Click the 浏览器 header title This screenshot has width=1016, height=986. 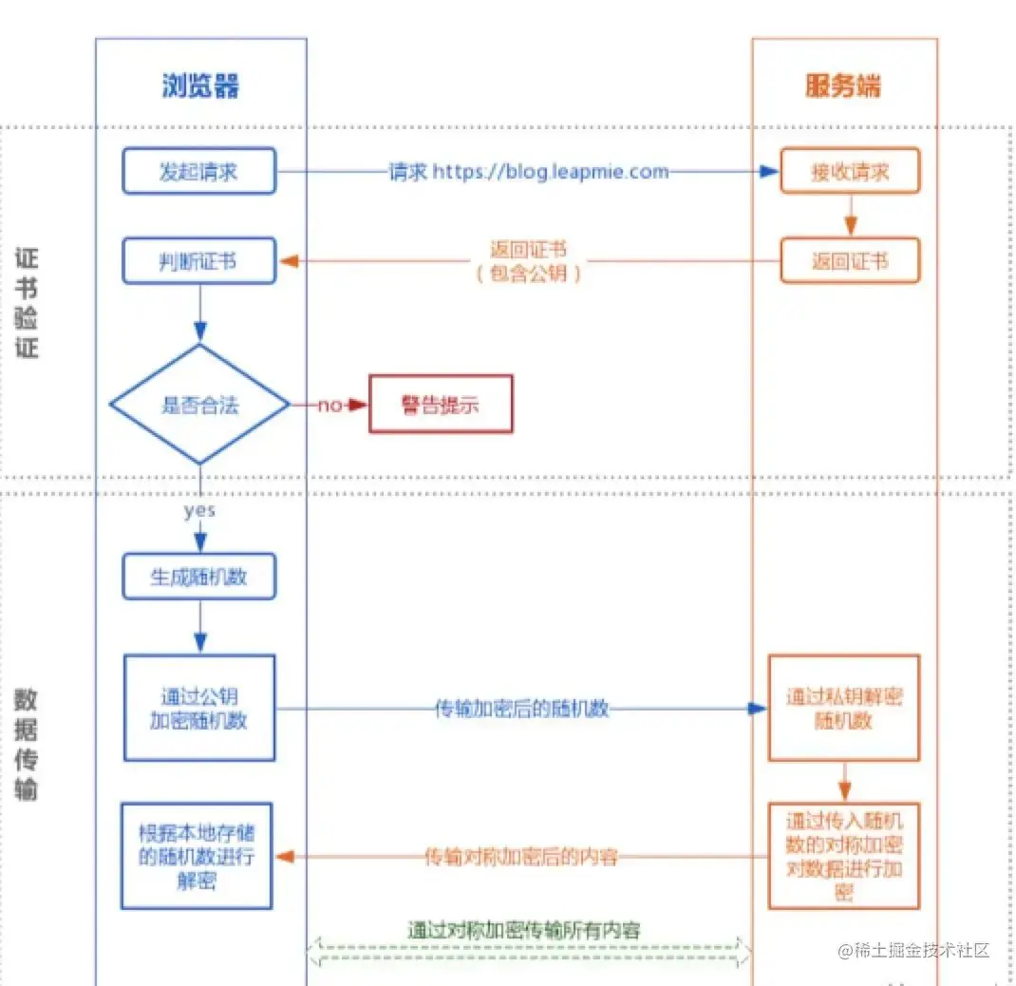[200, 85]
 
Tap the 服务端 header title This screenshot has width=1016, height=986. [843, 85]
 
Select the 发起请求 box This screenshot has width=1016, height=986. [198, 171]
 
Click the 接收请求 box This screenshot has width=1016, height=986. [850, 171]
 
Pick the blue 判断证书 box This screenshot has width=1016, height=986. [198, 260]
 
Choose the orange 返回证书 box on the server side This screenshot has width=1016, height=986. [850, 260]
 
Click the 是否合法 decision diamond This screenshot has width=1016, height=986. [199, 405]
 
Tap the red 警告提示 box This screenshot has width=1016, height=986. [441, 404]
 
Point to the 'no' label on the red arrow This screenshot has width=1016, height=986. [329, 406]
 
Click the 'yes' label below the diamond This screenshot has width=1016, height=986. [199, 511]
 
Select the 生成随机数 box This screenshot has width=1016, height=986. [198, 577]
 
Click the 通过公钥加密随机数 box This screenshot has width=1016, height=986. [199, 708]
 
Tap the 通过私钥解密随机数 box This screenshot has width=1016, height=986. [844, 708]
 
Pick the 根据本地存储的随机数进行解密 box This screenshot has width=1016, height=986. [197, 857]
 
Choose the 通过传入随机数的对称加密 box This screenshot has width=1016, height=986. [844, 857]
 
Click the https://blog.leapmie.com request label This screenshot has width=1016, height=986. [529, 172]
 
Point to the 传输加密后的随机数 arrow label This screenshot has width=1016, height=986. [521, 709]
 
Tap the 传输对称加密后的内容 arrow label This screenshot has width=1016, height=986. [521, 857]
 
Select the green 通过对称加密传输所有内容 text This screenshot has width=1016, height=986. [523, 930]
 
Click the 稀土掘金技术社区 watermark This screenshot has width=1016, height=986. [913, 950]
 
